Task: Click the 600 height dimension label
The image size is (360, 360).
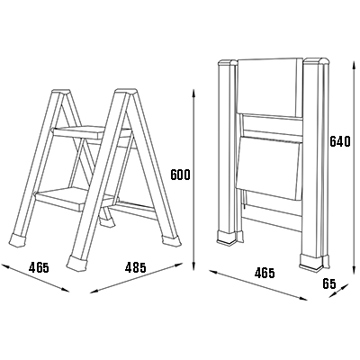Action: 180,175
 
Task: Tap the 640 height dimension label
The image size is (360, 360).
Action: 340,141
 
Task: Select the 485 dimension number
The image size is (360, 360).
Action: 136,267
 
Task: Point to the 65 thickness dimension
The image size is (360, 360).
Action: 329,283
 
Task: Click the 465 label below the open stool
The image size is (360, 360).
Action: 39,267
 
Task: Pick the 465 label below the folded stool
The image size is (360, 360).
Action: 265,273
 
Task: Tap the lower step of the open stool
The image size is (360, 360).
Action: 76,199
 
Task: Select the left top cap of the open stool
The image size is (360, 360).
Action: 61,91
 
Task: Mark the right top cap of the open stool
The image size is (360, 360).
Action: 126,91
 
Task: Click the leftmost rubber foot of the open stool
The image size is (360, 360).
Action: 19,240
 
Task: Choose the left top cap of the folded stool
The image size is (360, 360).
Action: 228,63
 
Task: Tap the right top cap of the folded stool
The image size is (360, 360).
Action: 317,61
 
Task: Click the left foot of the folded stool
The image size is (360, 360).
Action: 227,237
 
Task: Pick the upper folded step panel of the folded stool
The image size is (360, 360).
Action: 270,87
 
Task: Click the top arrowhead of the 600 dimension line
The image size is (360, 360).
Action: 194,94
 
